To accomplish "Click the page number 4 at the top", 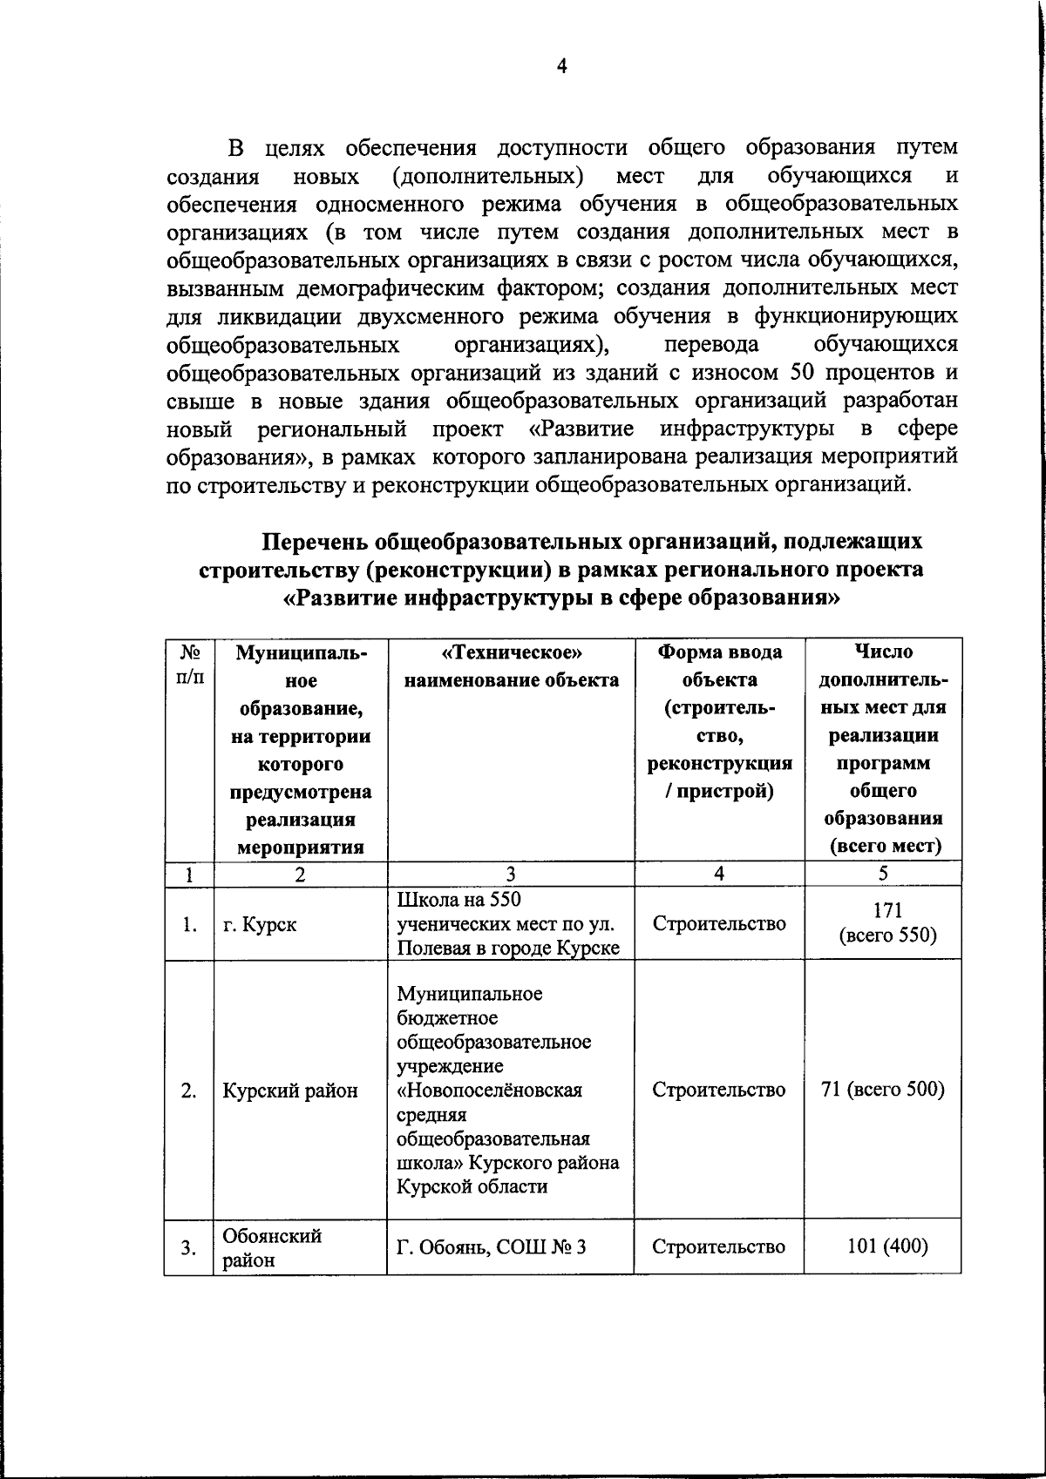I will tap(561, 67).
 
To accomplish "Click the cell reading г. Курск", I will tap(259, 924).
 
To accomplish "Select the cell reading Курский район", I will tap(289, 1091).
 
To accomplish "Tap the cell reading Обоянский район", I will tap(271, 1247).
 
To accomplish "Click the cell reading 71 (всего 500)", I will tap(883, 1089).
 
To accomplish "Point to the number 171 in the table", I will tap(886, 911).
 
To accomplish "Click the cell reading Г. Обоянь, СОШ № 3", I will tap(491, 1247).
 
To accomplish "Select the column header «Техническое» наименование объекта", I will tap(511, 666).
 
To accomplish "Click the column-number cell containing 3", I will tap(511, 875).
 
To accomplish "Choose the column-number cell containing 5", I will tap(883, 874).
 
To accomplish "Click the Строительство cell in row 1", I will tap(718, 923).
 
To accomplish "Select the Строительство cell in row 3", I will tap(718, 1246).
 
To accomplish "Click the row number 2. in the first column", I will tap(188, 1091).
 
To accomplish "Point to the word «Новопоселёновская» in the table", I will tap(489, 1091).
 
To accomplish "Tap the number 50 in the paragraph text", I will tap(802, 372).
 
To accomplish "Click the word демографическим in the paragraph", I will tap(393, 287).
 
